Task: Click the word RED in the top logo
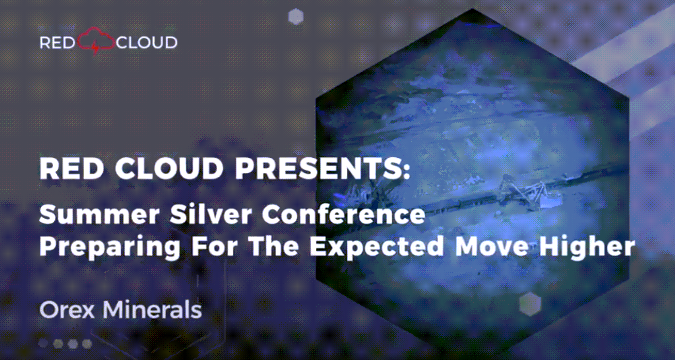point(57,42)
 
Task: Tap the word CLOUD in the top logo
point(147,42)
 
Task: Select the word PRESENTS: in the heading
point(323,168)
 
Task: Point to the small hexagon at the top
point(296,17)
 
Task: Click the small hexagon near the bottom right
point(530,304)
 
